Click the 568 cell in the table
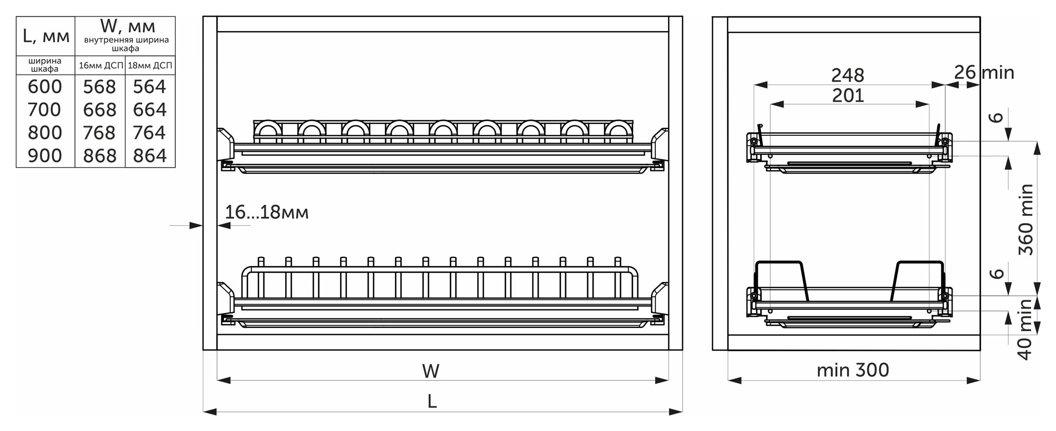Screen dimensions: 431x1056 pyautogui.click(x=99, y=87)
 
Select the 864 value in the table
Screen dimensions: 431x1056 pyautogui.click(x=149, y=156)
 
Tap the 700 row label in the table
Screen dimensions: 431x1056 pyautogui.click(x=45, y=110)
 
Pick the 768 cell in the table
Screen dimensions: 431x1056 pyautogui.click(x=99, y=133)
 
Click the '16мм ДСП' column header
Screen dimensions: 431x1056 pyautogui.click(x=100, y=66)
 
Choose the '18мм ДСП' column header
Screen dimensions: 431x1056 pyautogui.click(x=150, y=66)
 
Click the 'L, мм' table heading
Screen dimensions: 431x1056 pyautogui.click(x=46, y=36)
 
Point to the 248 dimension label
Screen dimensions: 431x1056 pyautogui.click(x=847, y=76)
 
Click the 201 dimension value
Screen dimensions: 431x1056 pyautogui.click(x=848, y=96)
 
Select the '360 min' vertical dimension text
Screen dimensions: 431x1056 pyautogui.click(x=1026, y=219)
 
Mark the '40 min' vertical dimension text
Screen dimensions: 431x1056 pyautogui.click(x=1025, y=329)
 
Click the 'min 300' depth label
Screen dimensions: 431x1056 pyautogui.click(x=853, y=370)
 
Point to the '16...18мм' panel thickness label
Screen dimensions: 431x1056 pyautogui.click(x=267, y=213)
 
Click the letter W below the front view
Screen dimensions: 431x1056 pyautogui.click(x=431, y=371)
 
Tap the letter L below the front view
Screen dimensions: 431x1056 pyautogui.click(x=432, y=402)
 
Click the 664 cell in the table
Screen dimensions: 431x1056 pyautogui.click(x=149, y=110)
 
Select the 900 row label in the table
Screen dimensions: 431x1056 pyautogui.click(x=45, y=156)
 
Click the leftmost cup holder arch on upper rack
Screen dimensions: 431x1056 pyautogui.click(x=268, y=130)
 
